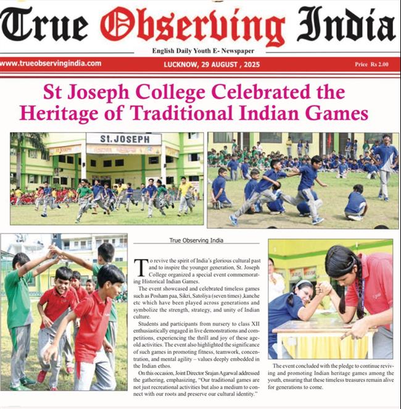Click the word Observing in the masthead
(x=192, y=27)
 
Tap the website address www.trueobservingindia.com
(x=51, y=63)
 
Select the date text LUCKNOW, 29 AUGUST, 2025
(x=207, y=64)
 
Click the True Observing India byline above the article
(x=197, y=240)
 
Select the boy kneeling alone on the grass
(x=355, y=202)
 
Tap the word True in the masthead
(x=44, y=27)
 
